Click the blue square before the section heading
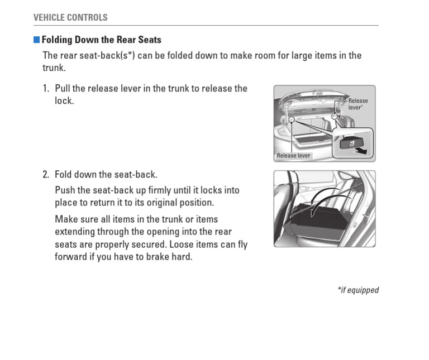coord(37,40)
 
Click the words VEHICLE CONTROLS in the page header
coord(70,17)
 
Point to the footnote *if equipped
coord(357,290)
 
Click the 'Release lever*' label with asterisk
coord(358,104)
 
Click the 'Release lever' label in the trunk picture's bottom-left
coord(293,156)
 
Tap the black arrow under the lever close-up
coord(363,150)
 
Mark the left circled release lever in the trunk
coord(291,119)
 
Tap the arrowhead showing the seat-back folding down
coord(314,213)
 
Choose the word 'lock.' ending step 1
coord(64,101)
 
